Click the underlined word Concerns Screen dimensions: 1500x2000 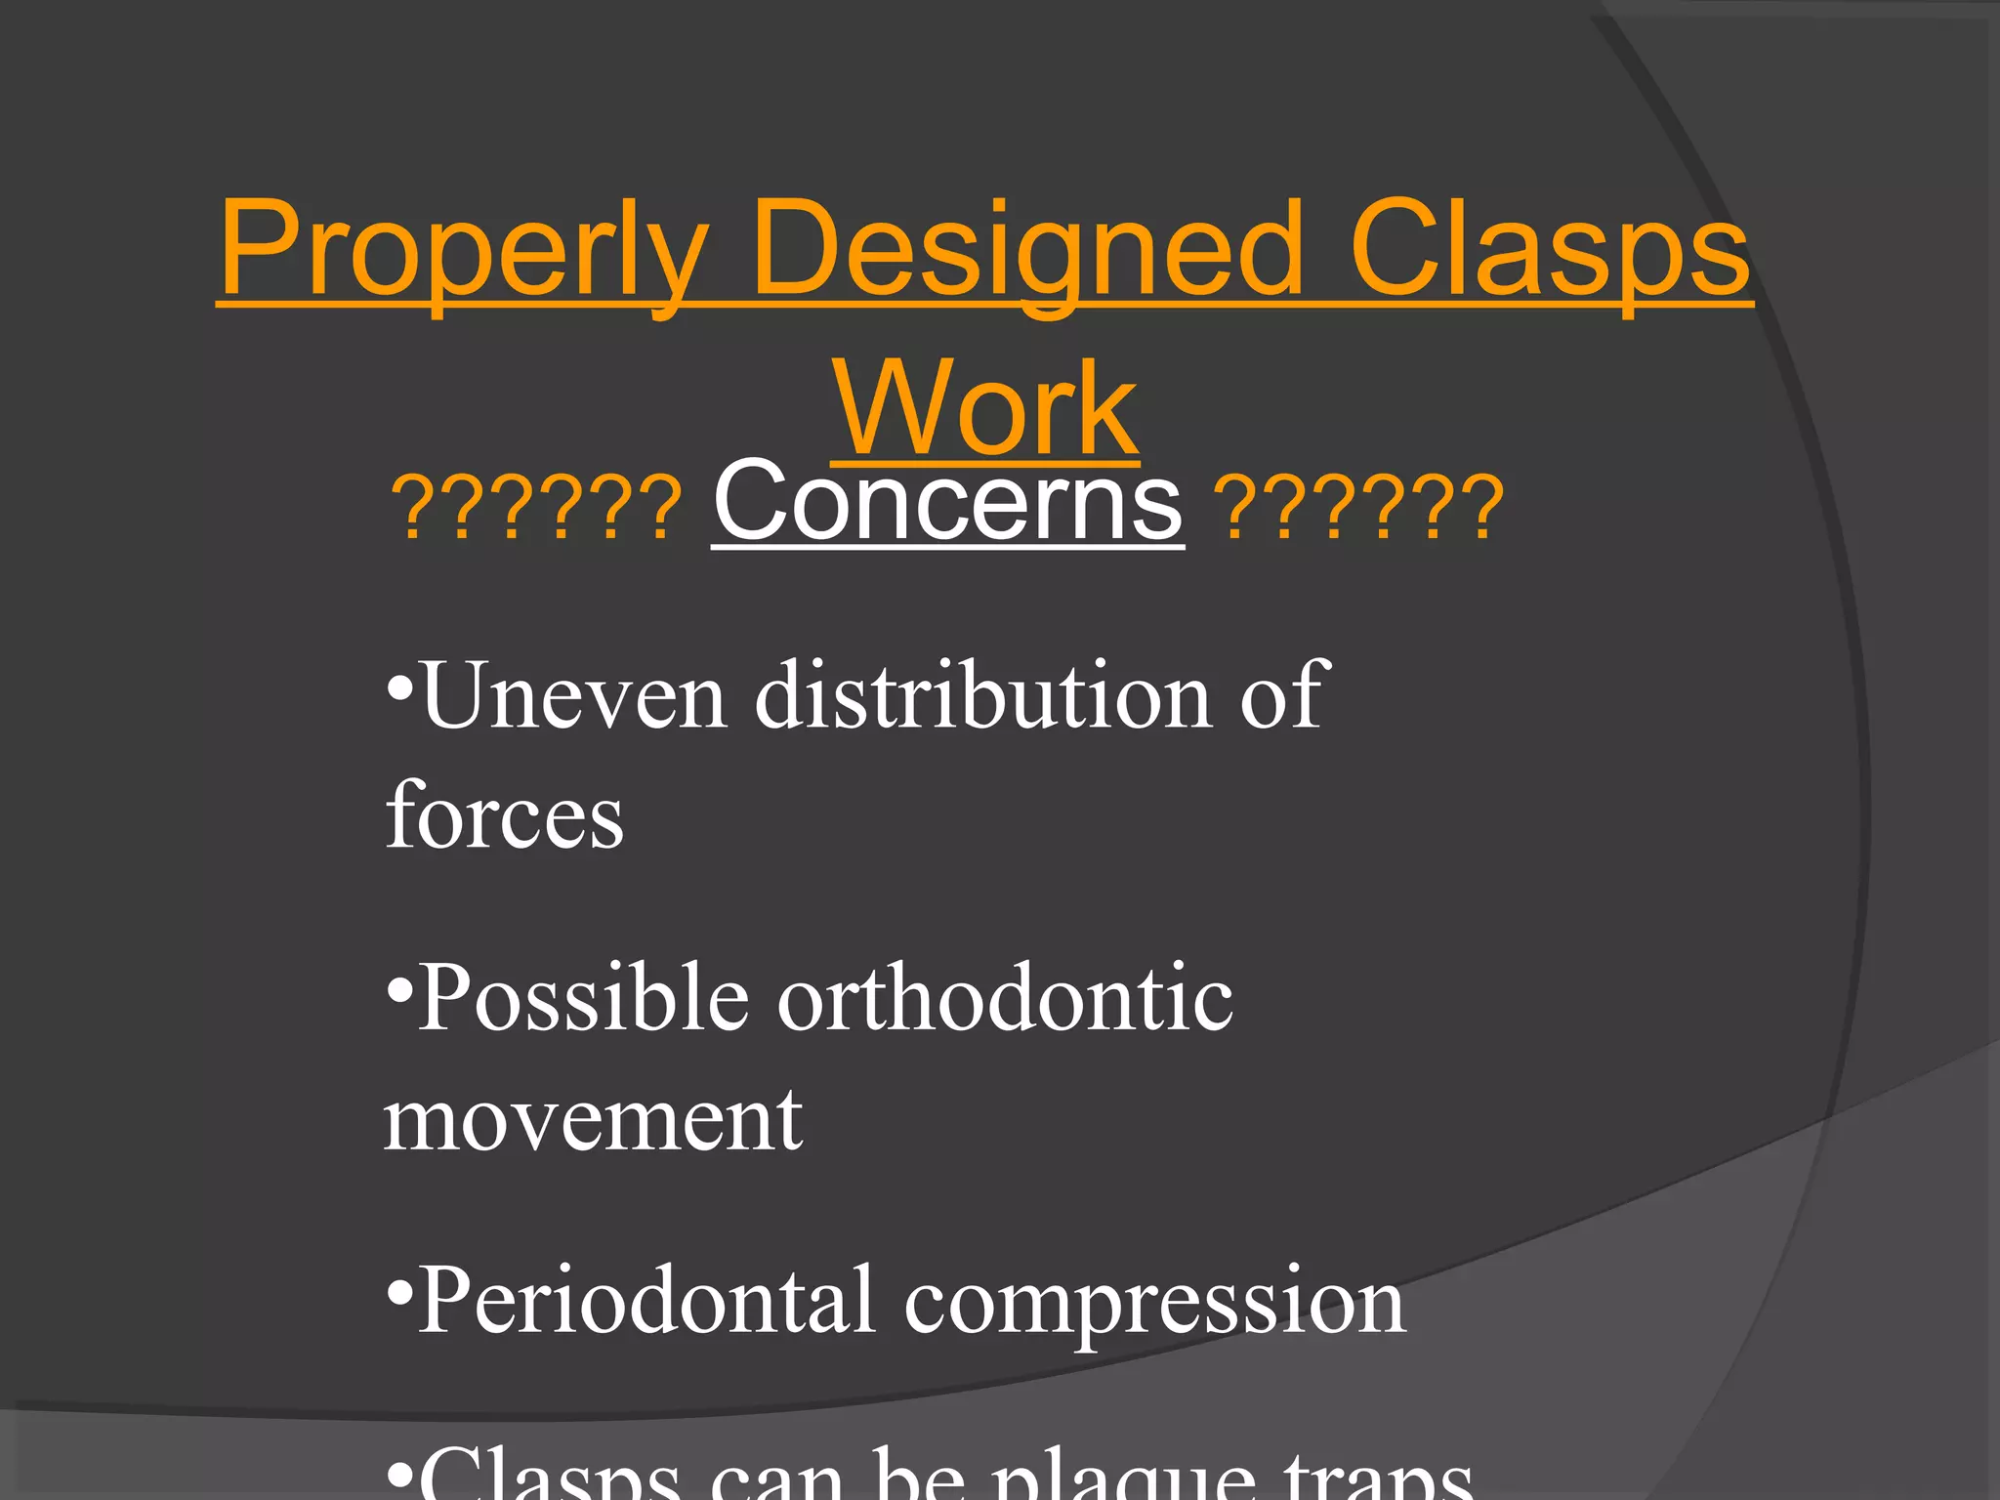[947, 503]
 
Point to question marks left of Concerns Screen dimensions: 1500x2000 [537, 508]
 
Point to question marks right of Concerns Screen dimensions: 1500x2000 [1362, 508]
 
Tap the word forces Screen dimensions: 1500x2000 [504, 816]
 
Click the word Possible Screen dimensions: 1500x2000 [583, 998]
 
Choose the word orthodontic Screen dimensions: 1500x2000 [1005, 998]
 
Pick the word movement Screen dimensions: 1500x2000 [593, 1121]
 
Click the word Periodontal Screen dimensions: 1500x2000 [646, 1301]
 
